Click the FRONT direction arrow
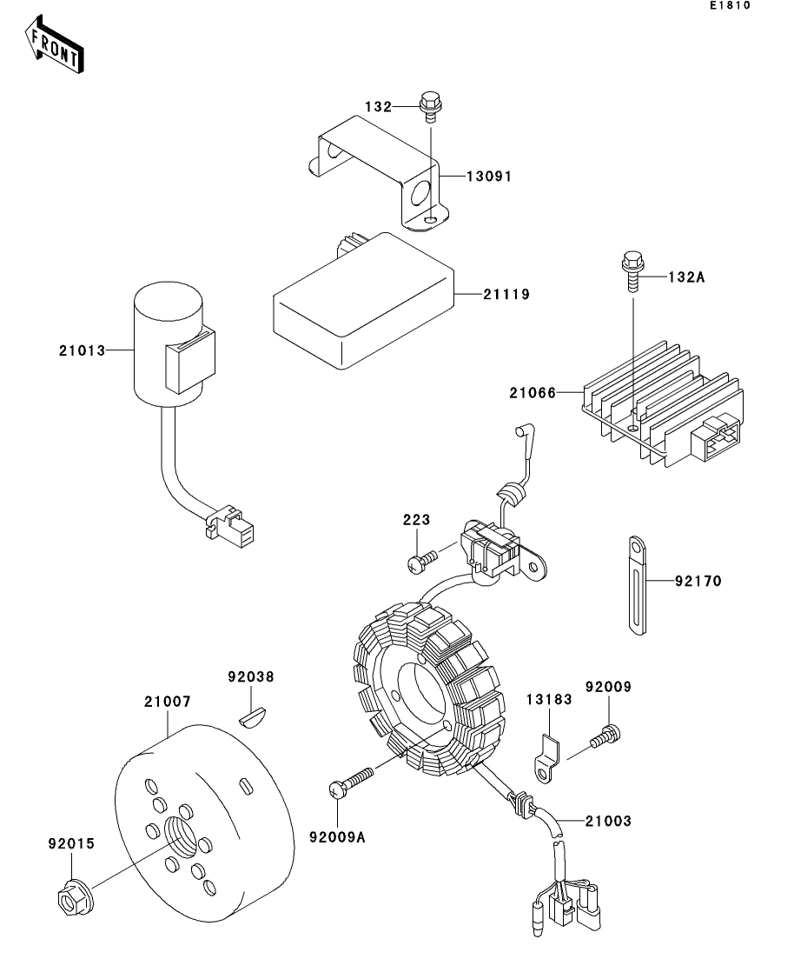[x=54, y=44]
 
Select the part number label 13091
[x=489, y=176]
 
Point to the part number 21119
[x=506, y=294]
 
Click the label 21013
[x=82, y=350]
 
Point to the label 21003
[x=608, y=821]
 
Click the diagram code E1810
[x=730, y=5]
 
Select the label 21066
[x=533, y=393]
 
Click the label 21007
[x=168, y=702]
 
